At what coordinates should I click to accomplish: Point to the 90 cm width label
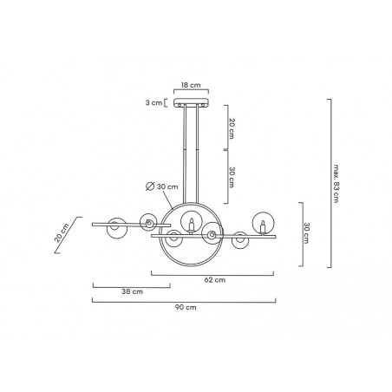pyautogui.click(x=184, y=307)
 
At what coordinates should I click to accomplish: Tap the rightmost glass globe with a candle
pyautogui.click(x=263, y=223)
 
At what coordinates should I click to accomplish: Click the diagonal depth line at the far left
pyautogui.click(x=69, y=235)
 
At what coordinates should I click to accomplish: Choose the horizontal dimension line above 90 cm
pyautogui.click(x=184, y=299)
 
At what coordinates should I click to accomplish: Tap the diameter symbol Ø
pyautogui.click(x=149, y=187)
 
